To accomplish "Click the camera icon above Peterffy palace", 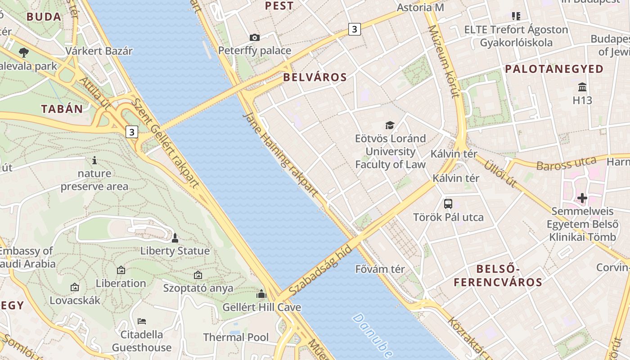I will tap(255, 37).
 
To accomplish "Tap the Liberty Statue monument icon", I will tap(175, 238).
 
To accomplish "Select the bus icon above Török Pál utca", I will tap(448, 203).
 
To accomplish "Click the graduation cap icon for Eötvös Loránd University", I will tap(390, 125).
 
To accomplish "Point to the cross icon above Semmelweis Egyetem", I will tap(582, 198).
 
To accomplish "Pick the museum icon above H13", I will tap(582, 86).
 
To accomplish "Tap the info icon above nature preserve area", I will tap(94, 160).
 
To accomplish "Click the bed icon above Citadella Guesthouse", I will tap(142, 321).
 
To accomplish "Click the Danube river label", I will tap(373, 335).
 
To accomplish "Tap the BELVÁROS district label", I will tap(315, 77).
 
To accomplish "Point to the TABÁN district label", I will tap(62, 109).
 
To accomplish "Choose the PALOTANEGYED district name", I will tap(554, 69).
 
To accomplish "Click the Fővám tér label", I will tap(380, 269).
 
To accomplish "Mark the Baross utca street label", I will tap(567, 163).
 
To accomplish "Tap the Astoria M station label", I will tap(420, 8).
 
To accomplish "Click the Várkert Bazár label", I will tap(99, 51).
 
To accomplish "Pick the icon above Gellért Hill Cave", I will tap(261, 294).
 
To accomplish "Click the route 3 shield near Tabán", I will tap(131, 132).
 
